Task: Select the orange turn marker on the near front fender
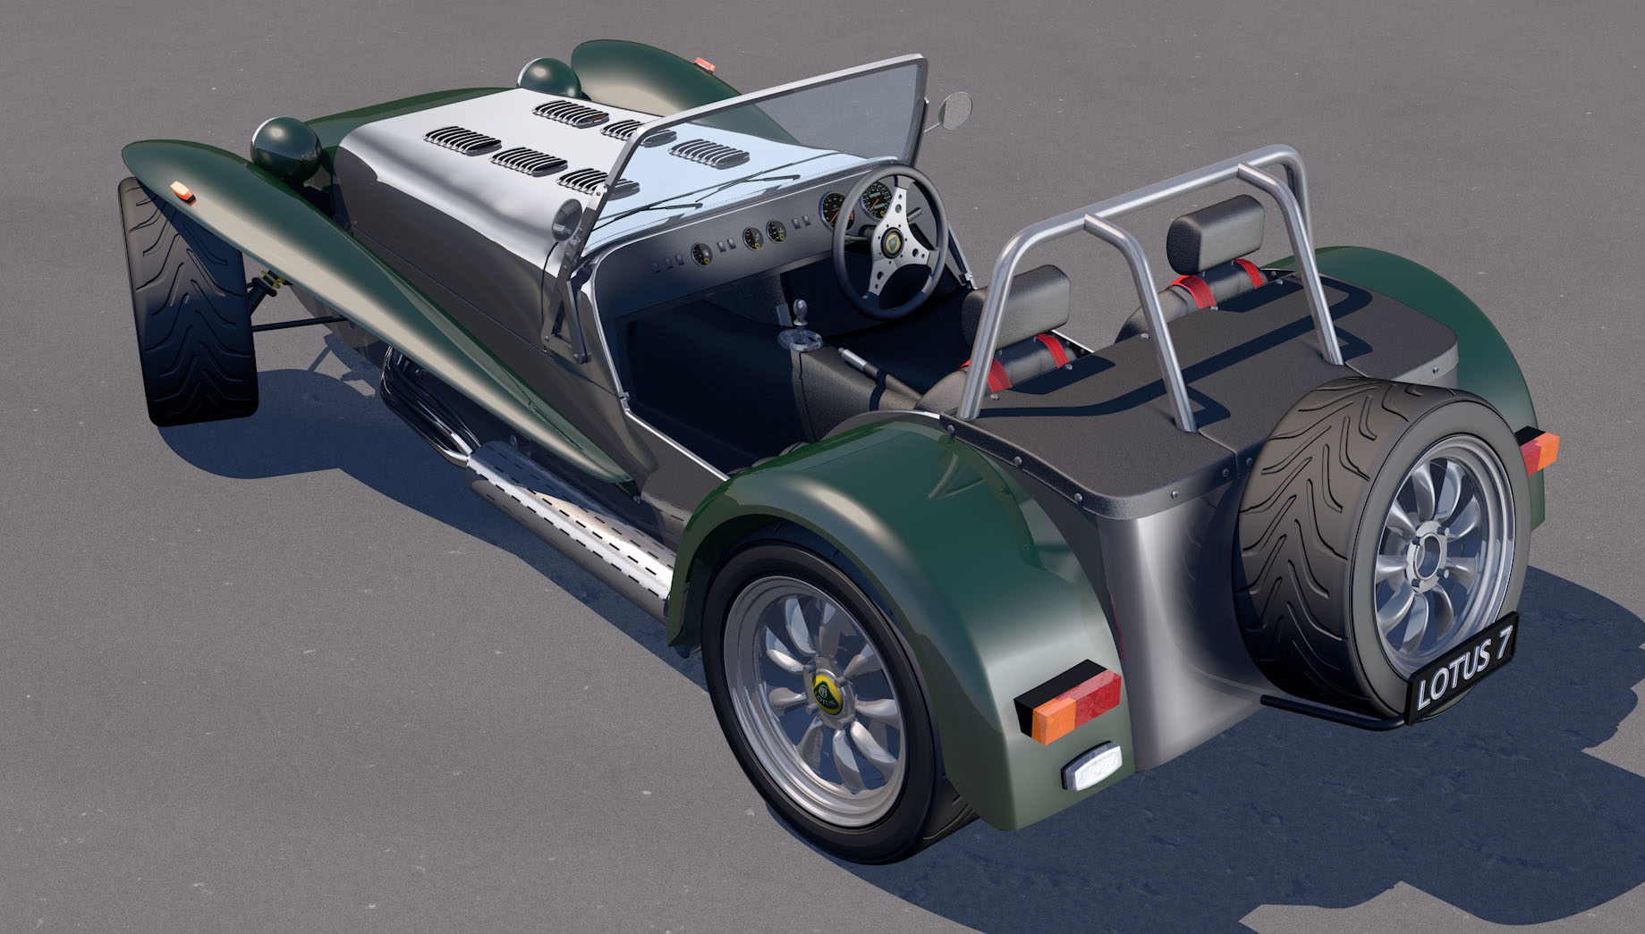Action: [x=183, y=189]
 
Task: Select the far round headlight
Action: [x=549, y=79]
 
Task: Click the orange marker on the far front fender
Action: [x=707, y=63]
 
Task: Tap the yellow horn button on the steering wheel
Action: [x=892, y=244]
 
